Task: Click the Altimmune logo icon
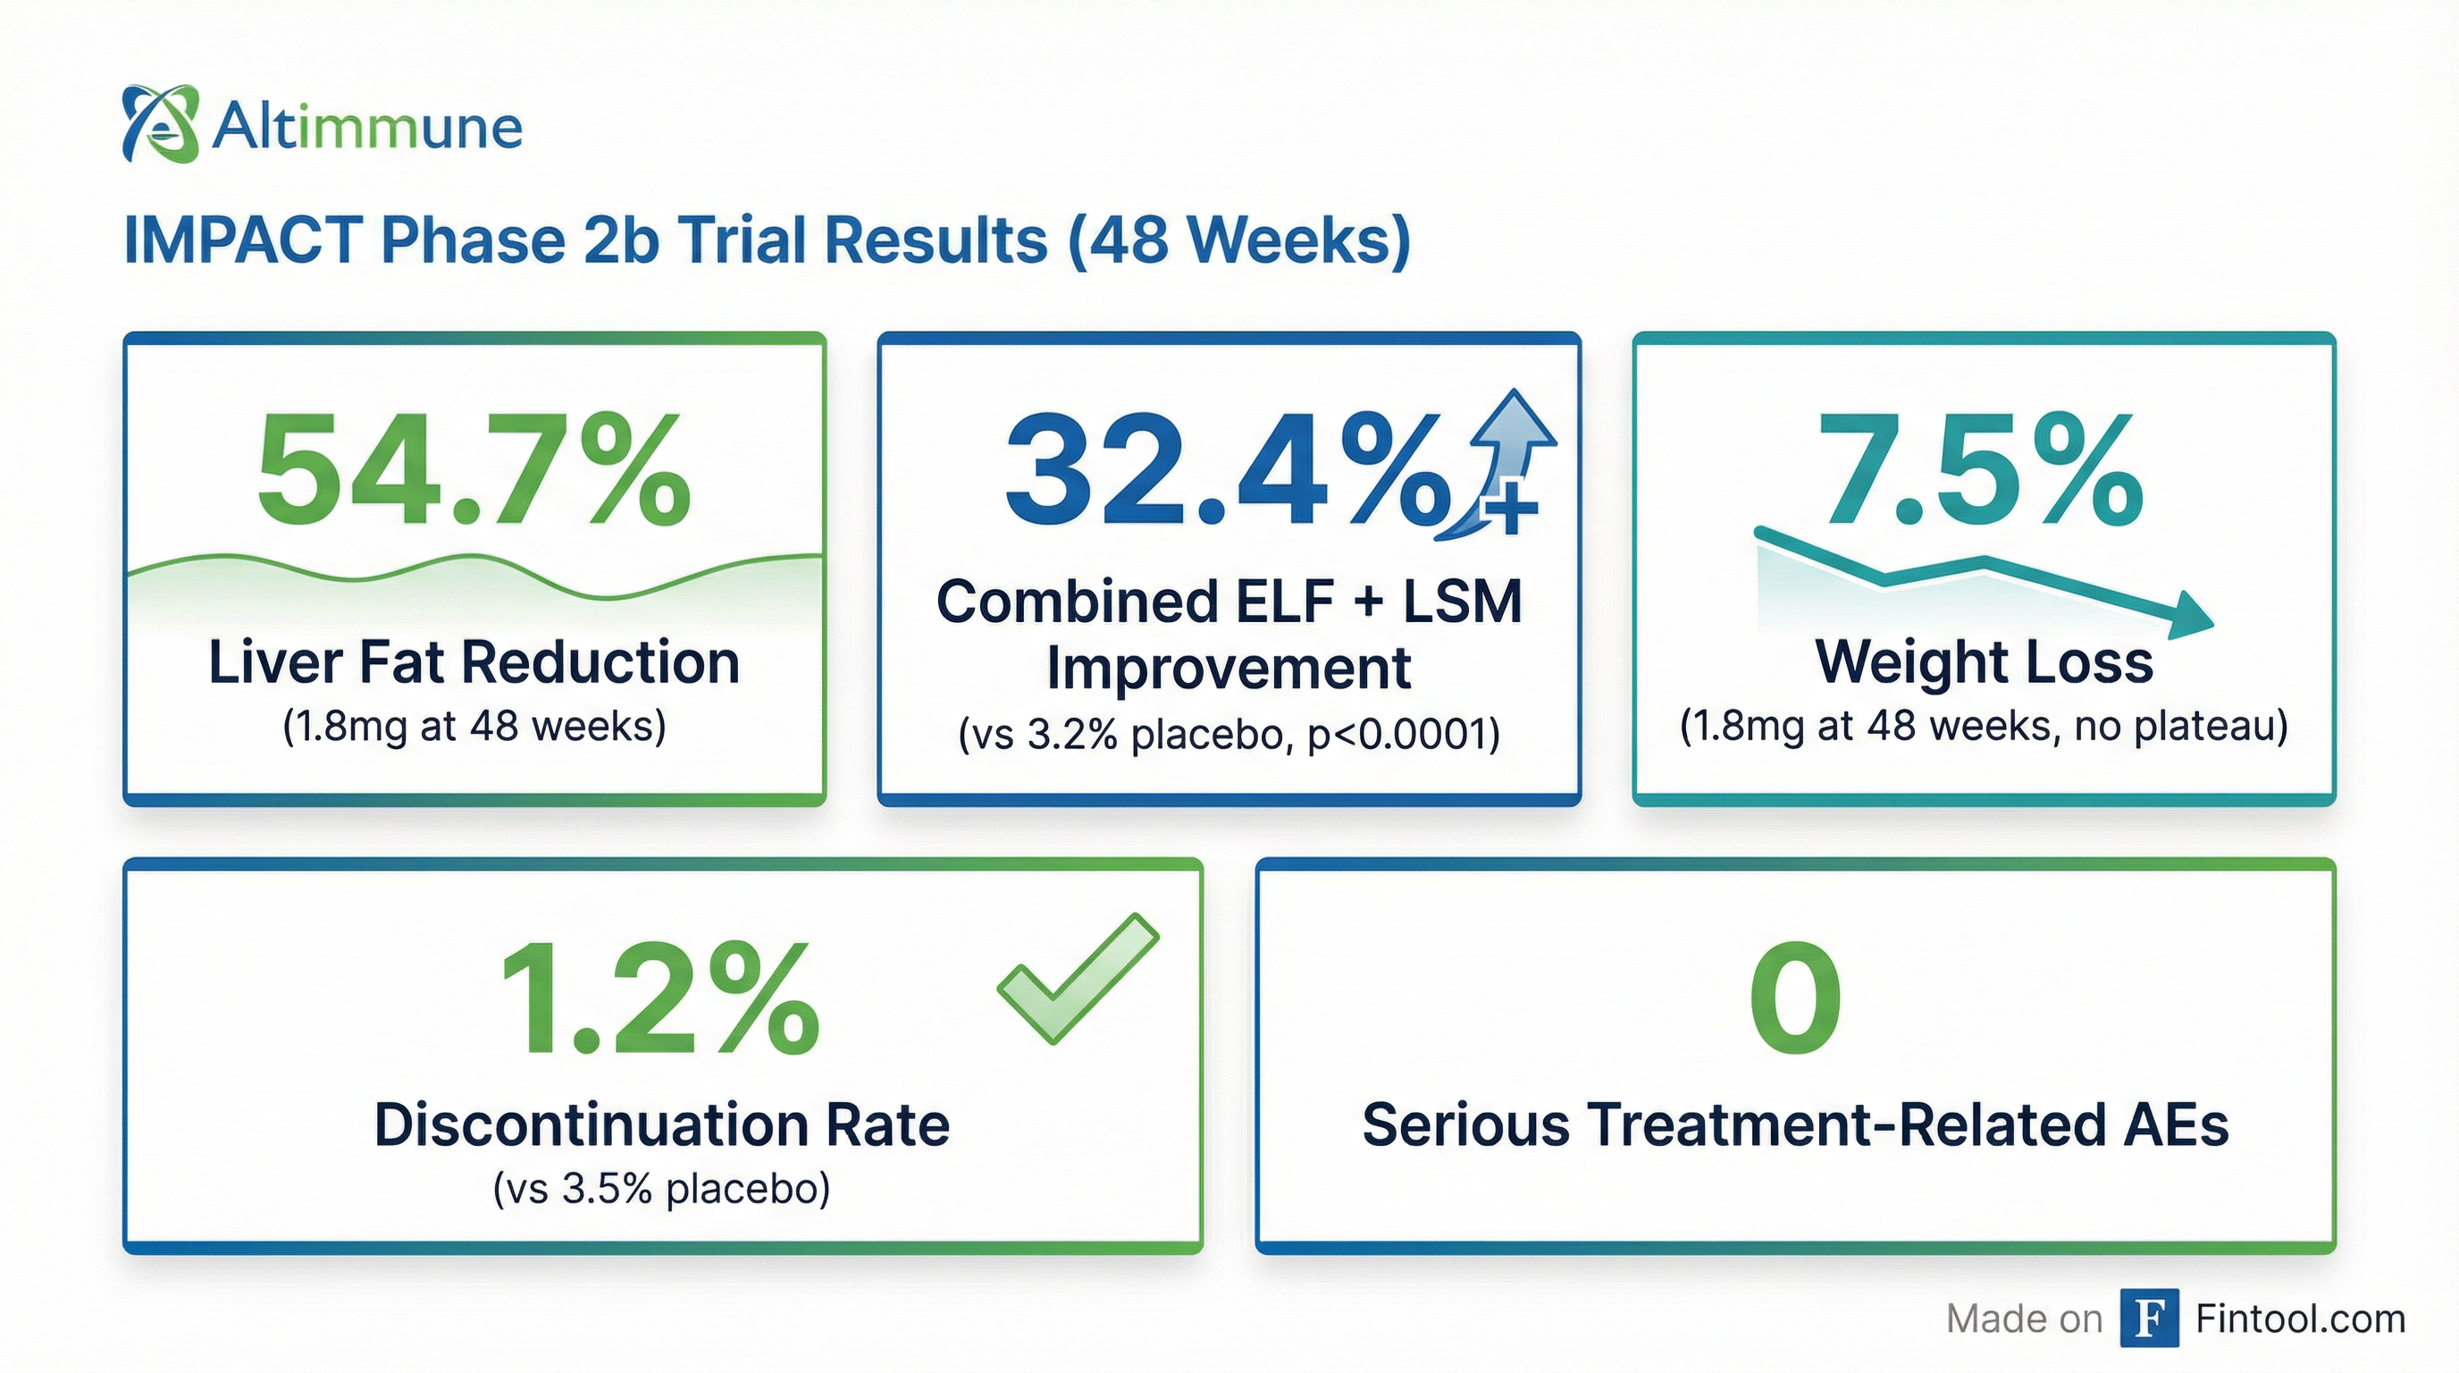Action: pos(160,124)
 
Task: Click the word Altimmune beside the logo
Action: pos(366,127)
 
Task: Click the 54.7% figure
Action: pos(474,472)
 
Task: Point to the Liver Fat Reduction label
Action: pos(474,661)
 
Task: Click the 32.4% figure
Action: pos(1228,472)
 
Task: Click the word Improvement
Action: pos(1229,668)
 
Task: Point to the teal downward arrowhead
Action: pos(2190,616)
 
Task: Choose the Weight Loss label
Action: pos(1984,661)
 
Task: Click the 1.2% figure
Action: pos(659,998)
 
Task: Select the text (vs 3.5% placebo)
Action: pos(661,1189)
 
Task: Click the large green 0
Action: pos(1794,998)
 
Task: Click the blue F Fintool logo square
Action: pos(2149,1318)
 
